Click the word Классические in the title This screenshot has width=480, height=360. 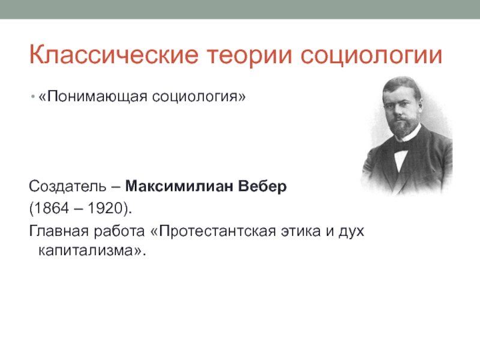click(x=114, y=55)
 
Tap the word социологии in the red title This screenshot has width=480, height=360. click(x=371, y=56)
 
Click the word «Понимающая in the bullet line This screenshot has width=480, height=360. click(x=93, y=97)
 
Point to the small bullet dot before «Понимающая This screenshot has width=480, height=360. click(x=33, y=97)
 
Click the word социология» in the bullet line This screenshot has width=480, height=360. click(x=199, y=97)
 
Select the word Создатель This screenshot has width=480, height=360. click(x=68, y=187)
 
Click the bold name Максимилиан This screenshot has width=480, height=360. click(x=179, y=186)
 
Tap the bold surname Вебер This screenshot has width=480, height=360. click(x=262, y=187)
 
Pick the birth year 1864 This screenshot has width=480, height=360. click(x=52, y=208)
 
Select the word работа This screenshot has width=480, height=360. click(x=119, y=232)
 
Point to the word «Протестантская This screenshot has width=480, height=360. click(x=214, y=232)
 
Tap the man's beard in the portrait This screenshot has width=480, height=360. click(x=404, y=125)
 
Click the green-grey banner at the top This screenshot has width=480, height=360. click(x=240, y=9)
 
